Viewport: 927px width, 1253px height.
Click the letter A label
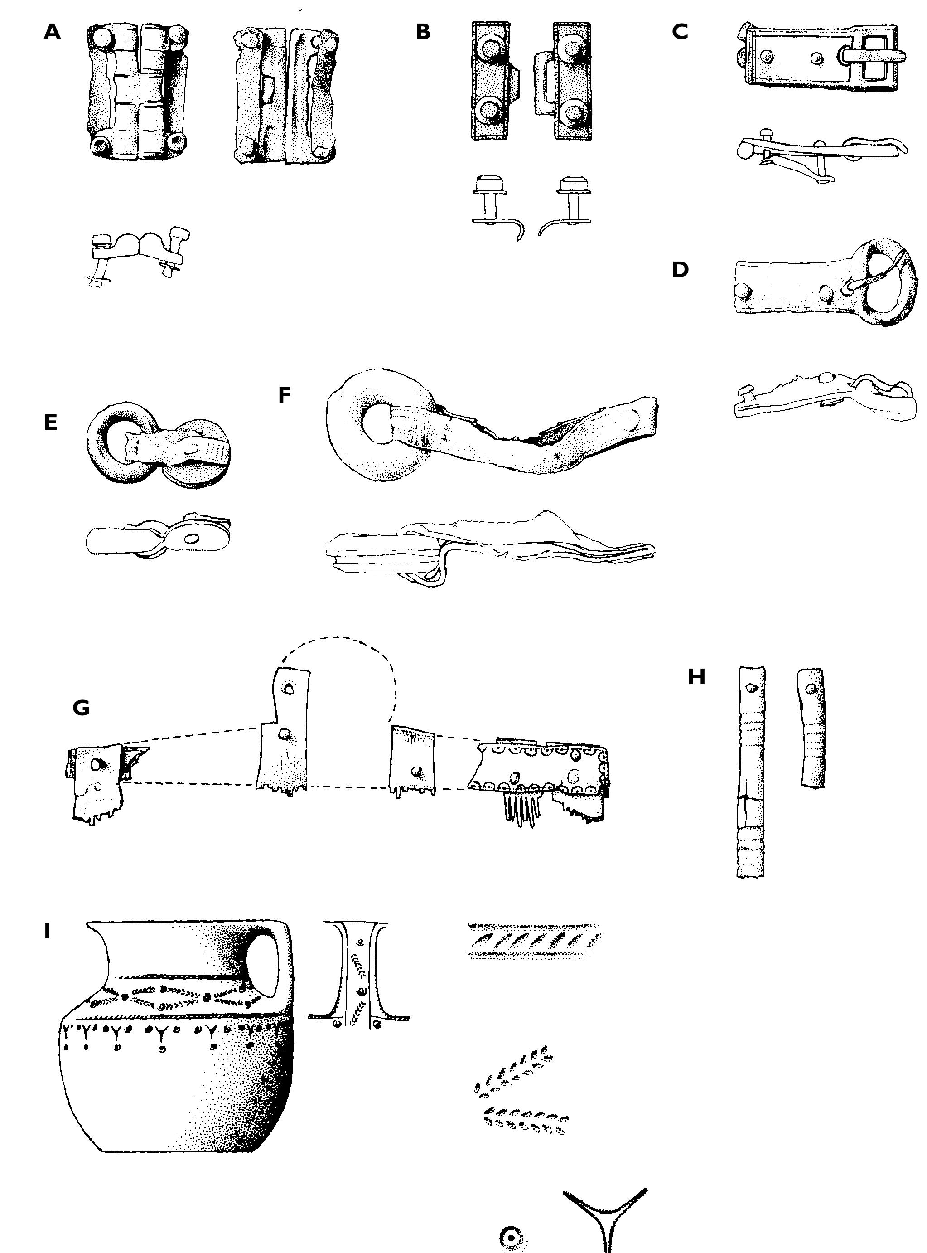(x=52, y=32)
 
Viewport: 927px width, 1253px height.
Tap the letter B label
(x=424, y=32)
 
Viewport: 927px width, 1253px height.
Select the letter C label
(x=680, y=32)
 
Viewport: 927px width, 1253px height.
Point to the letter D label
(x=680, y=270)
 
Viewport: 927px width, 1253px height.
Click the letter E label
(x=50, y=422)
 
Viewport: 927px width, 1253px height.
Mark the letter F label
(x=285, y=396)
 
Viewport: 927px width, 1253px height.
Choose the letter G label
(x=82, y=708)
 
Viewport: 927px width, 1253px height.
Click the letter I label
(x=48, y=931)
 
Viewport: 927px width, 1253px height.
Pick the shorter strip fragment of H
(x=811, y=728)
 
